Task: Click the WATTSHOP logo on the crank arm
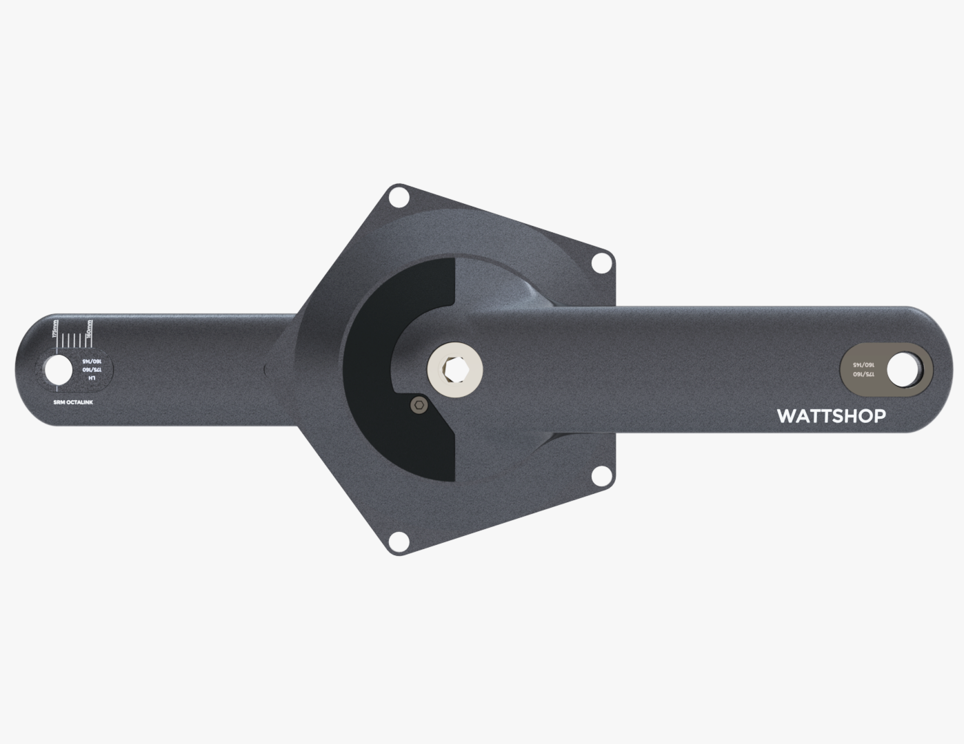tap(831, 416)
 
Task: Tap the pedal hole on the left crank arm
tap(58, 371)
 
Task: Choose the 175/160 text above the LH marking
tap(91, 369)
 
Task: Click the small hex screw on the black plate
tap(417, 406)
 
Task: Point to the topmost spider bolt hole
tap(397, 198)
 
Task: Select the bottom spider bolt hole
tap(397, 541)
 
